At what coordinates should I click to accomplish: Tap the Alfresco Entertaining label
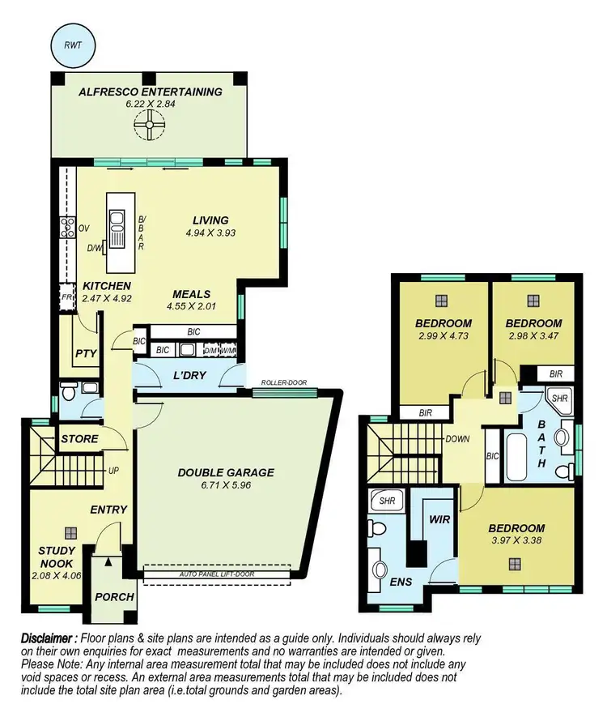pos(151,92)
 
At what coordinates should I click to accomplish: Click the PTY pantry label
pos(85,354)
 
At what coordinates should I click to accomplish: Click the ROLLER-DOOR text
pos(283,383)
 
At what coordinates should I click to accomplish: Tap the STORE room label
pos(79,439)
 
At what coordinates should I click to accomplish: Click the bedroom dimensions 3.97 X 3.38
pos(518,538)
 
